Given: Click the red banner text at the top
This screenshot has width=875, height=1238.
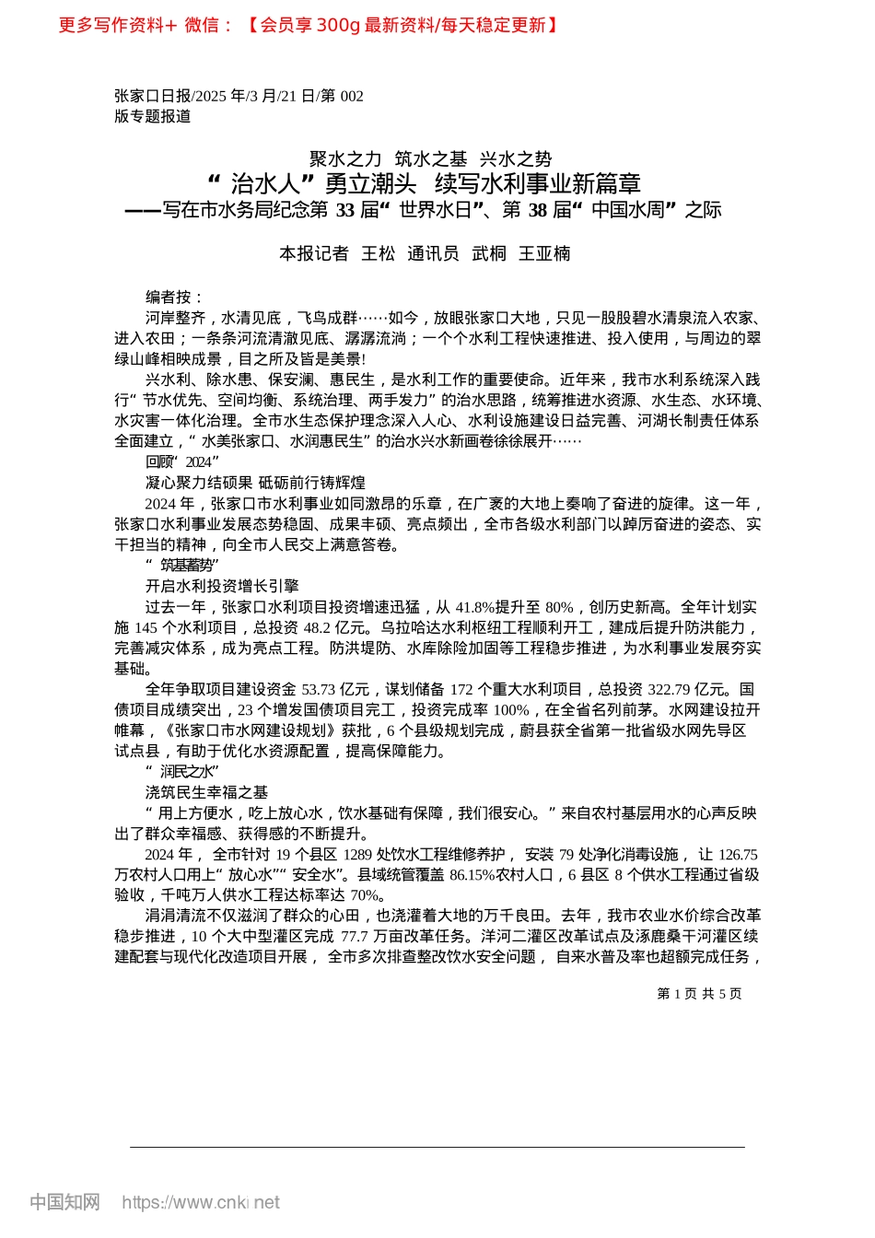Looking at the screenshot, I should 309,25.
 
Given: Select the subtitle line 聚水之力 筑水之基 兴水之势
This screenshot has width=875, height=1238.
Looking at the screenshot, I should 430,159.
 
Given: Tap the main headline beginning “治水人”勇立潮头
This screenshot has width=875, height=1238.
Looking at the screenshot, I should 425,183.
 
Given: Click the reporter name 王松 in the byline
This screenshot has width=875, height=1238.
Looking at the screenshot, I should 378,253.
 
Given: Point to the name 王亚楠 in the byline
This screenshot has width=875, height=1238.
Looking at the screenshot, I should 544,253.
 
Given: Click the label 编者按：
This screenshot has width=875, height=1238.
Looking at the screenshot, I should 174,297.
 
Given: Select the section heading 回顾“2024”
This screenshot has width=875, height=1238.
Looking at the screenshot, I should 181,461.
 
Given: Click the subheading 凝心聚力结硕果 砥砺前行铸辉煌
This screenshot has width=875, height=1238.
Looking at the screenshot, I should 255,483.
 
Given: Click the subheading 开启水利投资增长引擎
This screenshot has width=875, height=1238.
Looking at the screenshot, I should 222,586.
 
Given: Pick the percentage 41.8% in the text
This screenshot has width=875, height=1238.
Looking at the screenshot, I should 475,607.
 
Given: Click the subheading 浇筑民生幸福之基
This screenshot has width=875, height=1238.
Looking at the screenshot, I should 206,792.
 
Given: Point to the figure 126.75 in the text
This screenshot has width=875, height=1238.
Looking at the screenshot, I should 737,854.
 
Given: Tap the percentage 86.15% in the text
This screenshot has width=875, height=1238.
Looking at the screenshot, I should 472,875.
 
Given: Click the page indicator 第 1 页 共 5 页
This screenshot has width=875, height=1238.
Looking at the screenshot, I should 699,994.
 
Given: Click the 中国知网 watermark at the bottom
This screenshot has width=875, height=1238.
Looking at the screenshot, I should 64,1202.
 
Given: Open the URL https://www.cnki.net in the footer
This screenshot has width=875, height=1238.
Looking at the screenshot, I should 201,1202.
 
